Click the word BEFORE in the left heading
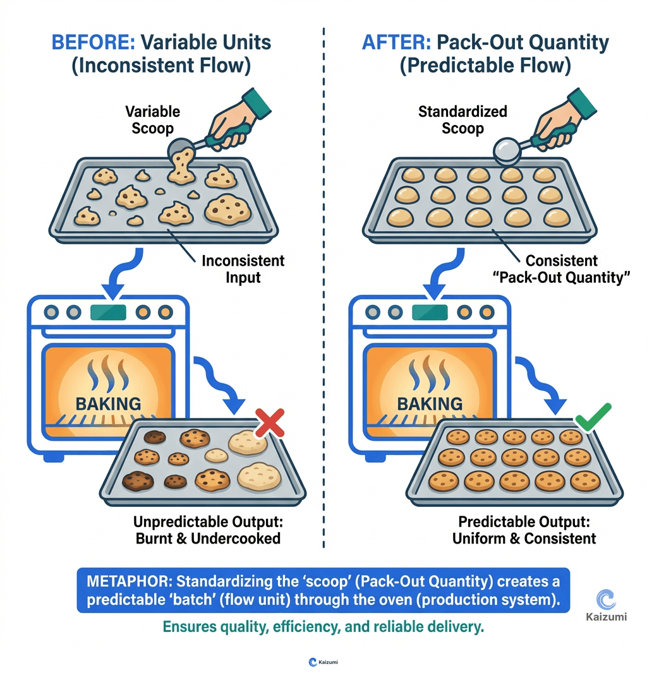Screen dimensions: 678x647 pos(93,43)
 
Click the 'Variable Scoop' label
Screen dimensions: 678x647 pos(152,119)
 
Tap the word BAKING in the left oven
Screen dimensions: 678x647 pos(107,403)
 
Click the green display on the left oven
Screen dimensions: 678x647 pos(108,312)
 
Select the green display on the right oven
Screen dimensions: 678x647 pos(430,312)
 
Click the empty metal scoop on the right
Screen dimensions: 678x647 pos(509,150)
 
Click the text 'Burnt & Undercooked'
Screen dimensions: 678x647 pos(208,538)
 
